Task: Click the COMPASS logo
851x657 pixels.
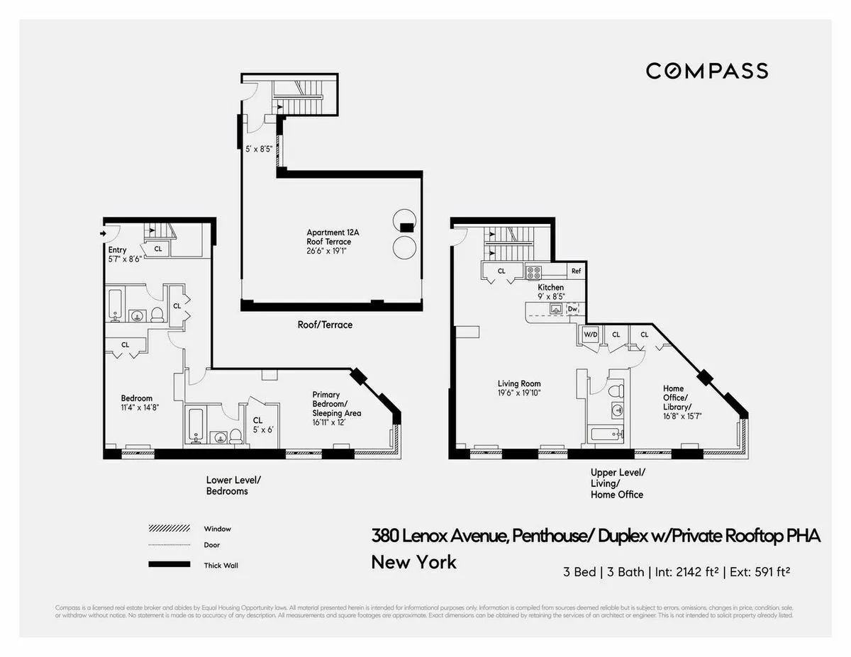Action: coord(706,71)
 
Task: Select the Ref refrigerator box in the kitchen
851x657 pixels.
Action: coord(576,271)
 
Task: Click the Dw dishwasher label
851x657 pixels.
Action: coord(573,309)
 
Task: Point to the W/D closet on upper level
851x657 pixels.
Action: coord(590,335)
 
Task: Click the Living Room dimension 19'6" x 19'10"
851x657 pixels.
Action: coord(521,392)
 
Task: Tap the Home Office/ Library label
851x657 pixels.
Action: coord(677,397)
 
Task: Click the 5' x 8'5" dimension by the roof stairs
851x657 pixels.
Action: coord(259,149)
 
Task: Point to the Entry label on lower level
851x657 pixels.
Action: coord(117,250)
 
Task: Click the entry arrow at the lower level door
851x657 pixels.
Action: coord(103,232)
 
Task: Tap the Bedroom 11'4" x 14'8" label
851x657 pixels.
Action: coord(136,403)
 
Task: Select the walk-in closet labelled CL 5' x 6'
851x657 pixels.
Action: coord(262,425)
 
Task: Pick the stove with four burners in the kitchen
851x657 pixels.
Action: coord(533,271)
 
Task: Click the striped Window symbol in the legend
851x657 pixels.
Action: coord(169,529)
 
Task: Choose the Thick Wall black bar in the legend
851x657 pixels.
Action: coord(169,564)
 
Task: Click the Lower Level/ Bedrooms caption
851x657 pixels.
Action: coord(228,485)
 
